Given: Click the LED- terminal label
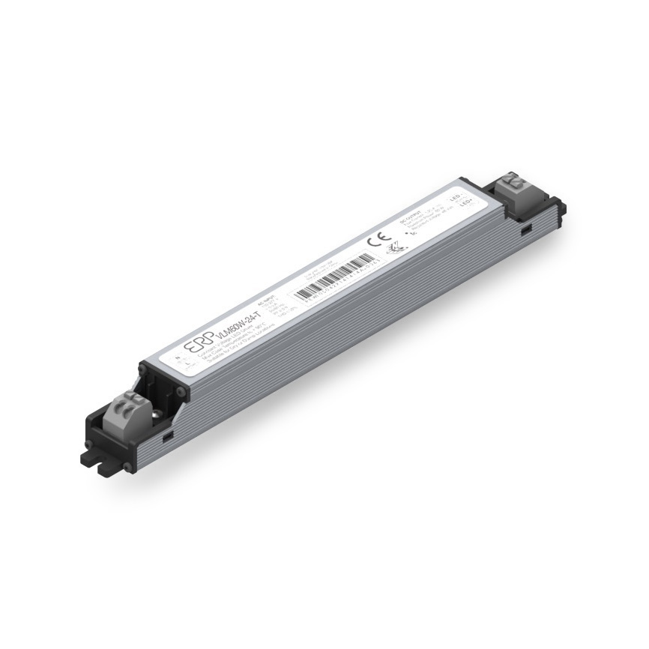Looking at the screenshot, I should (x=456, y=195).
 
